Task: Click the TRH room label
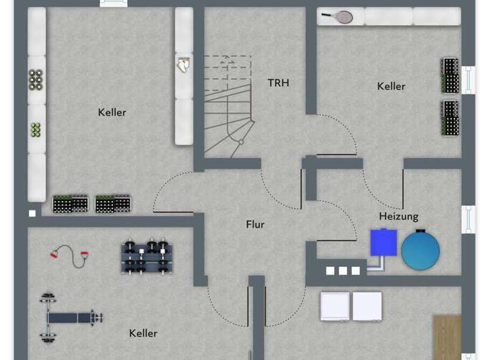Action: pos(278,83)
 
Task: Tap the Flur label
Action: pos(255,224)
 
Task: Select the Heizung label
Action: pos(399,217)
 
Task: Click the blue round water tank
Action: pos(420,250)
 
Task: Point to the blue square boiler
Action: pos(383,242)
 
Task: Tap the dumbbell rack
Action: pos(147,255)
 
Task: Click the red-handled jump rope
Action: pos(69,255)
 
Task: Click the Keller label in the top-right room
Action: pos(391,86)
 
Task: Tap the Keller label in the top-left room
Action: pos(112,112)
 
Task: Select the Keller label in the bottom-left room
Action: pos(143,333)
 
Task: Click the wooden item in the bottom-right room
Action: pos(447,336)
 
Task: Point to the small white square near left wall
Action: pos(32,213)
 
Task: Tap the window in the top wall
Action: pos(113,3)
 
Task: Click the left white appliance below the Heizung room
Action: pos(335,306)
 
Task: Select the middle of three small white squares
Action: pos(342,270)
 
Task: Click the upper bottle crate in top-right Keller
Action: pos(450,75)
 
